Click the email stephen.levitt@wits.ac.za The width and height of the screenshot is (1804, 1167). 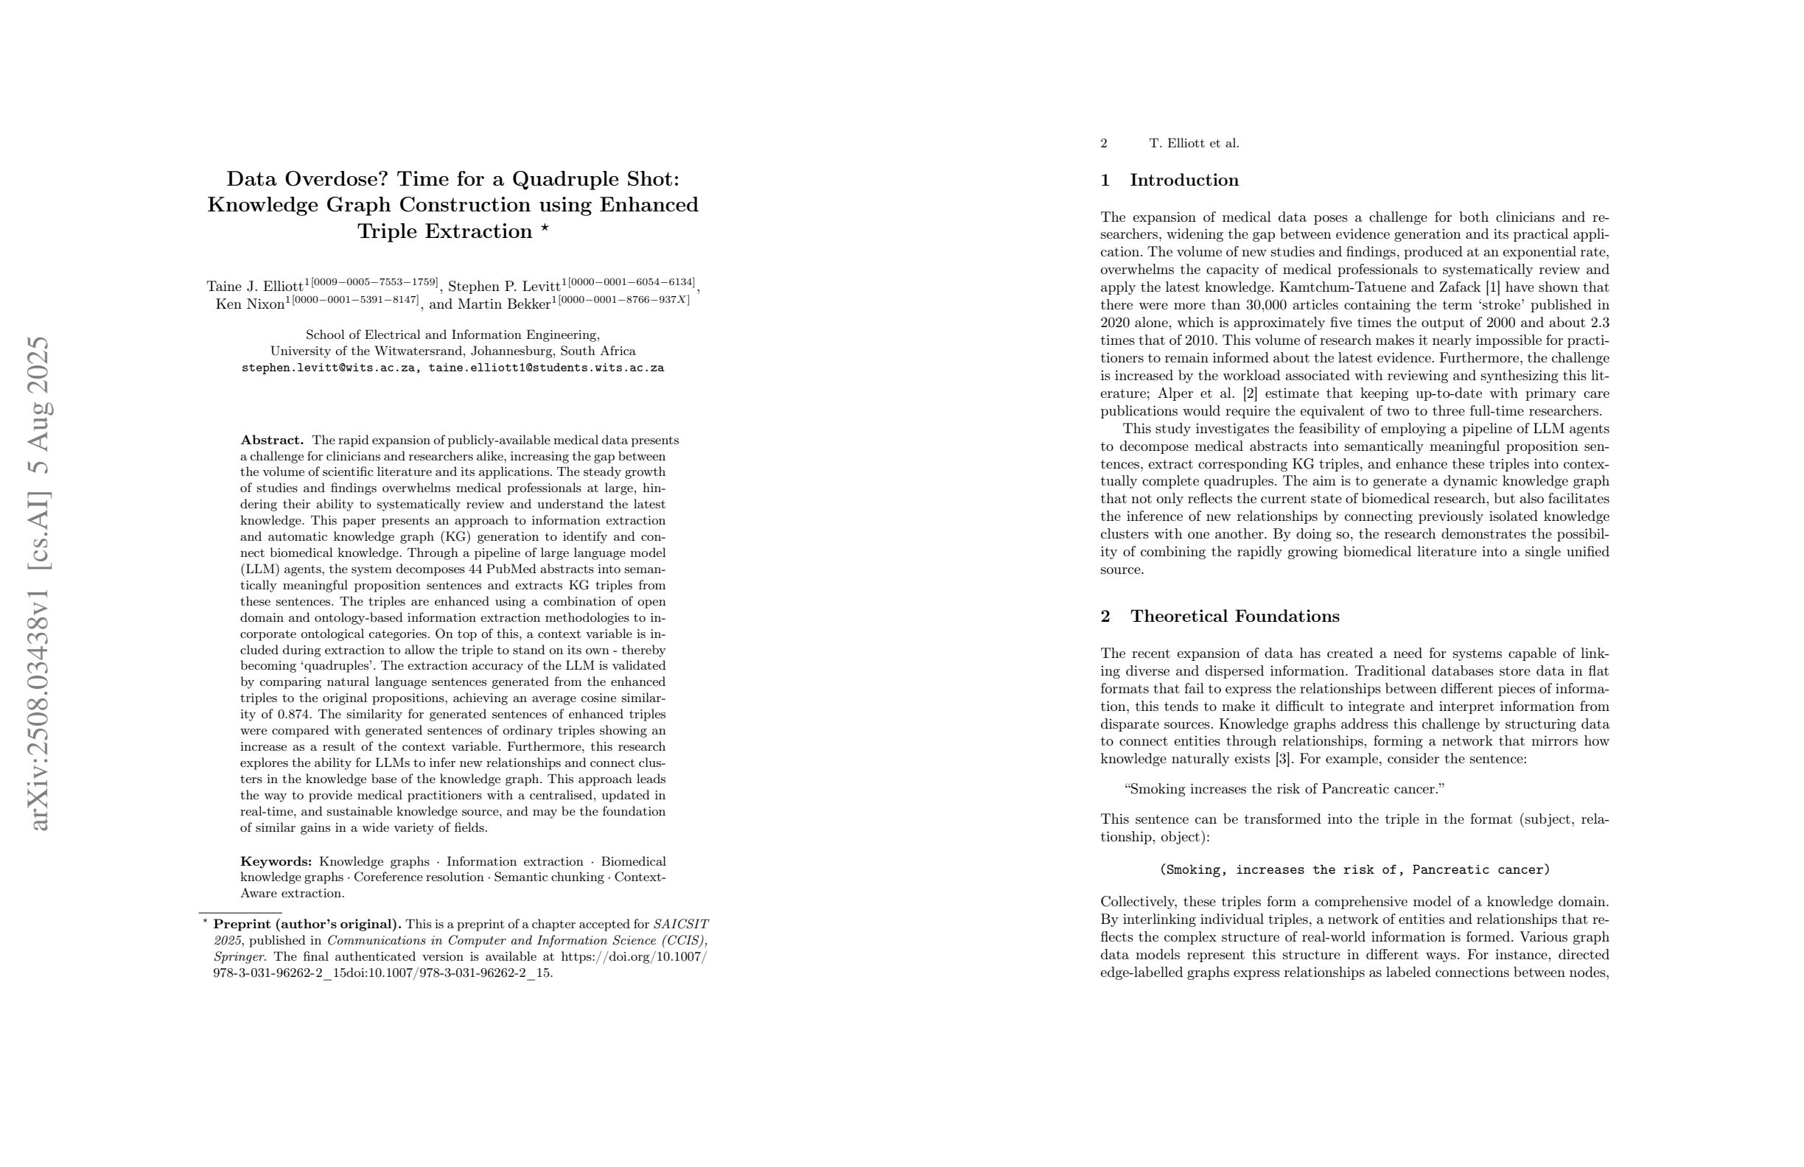pyautogui.click(x=328, y=368)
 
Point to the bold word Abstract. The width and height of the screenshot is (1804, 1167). pyautogui.click(x=272, y=441)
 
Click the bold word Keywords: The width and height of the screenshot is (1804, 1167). pyautogui.click(x=276, y=861)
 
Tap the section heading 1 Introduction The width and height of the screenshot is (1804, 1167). pyautogui.click(x=1170, y=181)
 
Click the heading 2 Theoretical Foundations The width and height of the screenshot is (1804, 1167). pyautogui.click(x=1220, y=616)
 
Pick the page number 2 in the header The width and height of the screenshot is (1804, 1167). pyautogui.click(x=1105, y=143)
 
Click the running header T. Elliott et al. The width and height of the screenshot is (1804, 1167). pyautogui.click(x=1194, y=143)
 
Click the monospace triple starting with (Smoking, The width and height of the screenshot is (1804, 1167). pyautogui.click(x=1354, y=870)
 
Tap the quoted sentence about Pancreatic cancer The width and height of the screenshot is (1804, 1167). pyautogui.click(x=1284, y=790)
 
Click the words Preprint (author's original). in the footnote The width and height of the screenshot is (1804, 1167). pyautogui.click(x=307, y=925)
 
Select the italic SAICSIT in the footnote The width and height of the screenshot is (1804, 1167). pyautogui.click(x=680, y=925)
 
